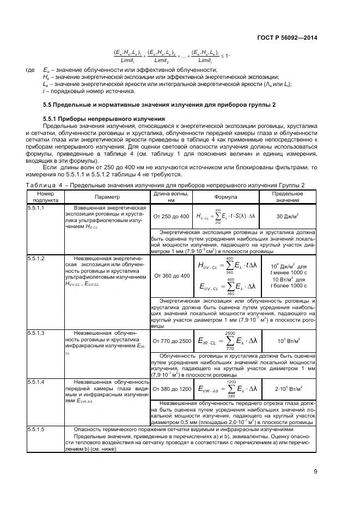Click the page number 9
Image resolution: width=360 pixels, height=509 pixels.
pyautogui.click(x=315, y=472)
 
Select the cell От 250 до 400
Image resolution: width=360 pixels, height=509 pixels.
pyautogui.click(x=171, y=217)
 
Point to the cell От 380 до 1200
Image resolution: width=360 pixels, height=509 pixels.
pyautogui.click(x=171, y=389)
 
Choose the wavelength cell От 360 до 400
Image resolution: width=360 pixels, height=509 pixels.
pyautogui.click(x=171, y=275)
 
